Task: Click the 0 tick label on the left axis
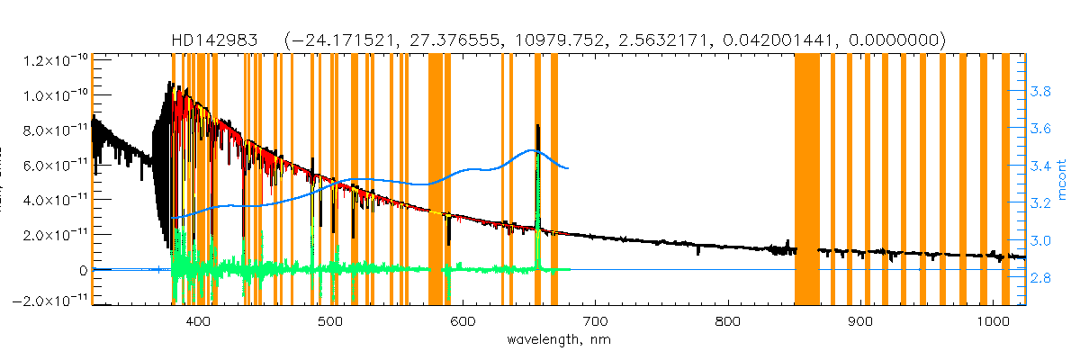[82, 270]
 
